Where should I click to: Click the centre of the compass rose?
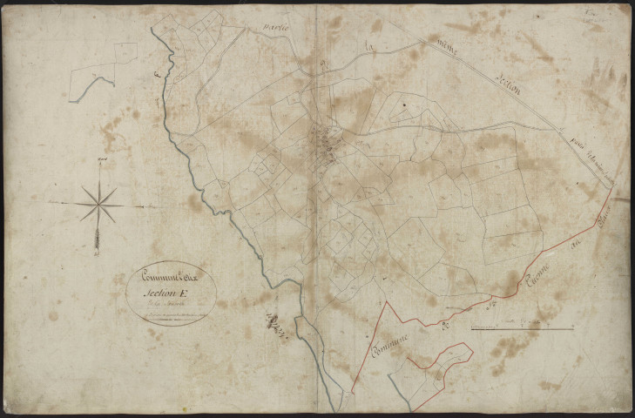tap(99, 205)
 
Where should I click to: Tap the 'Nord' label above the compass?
tap(101, 160)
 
